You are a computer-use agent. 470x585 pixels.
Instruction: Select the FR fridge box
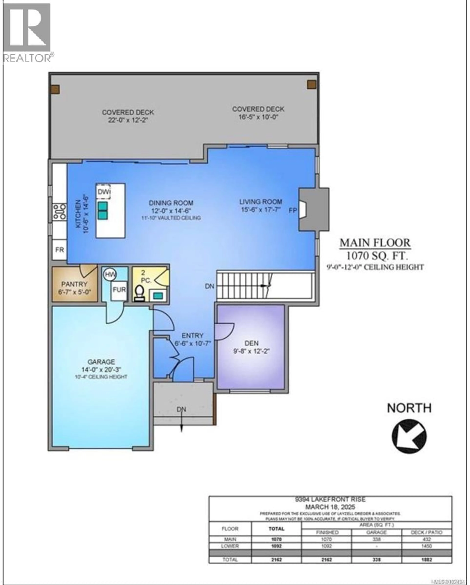point(59,250)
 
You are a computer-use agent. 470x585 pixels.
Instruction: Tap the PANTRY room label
point(74,284)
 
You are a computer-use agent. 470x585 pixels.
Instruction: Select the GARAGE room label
point(101,362)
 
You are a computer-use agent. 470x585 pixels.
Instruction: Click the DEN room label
point(251,343)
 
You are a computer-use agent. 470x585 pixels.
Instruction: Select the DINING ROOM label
point(171,203)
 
